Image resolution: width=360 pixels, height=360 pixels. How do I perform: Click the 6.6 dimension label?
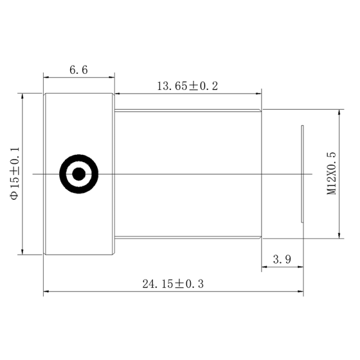79,70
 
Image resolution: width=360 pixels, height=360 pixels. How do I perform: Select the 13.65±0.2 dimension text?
187,86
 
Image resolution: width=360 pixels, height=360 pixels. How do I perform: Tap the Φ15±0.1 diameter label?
14,173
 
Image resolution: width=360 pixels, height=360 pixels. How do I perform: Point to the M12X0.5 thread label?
331,173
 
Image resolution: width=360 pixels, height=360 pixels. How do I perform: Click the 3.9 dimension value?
282,259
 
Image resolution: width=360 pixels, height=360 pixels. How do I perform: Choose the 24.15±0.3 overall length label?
173,284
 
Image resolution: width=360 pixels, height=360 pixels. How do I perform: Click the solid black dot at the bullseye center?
79,174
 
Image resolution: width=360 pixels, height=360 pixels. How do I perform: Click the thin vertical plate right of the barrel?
302,174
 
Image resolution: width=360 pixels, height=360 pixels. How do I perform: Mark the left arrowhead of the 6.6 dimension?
46,77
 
